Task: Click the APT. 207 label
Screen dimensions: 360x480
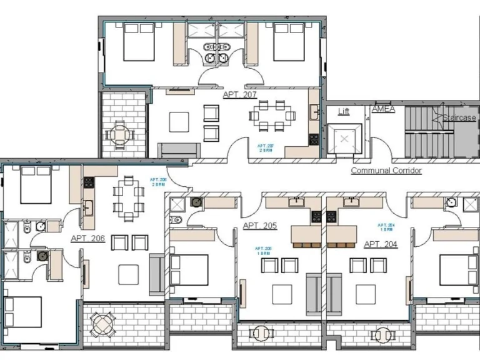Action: point(240,94)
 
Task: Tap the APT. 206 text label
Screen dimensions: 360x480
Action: point(87,238)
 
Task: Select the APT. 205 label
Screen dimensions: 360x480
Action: point(259,226)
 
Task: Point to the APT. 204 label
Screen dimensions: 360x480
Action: point(380,244)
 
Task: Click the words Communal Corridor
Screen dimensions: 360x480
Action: point(386,170)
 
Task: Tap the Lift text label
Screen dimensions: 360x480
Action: point(344,111)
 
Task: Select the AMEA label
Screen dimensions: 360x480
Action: point(383,109)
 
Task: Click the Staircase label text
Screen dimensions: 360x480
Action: point(459,117)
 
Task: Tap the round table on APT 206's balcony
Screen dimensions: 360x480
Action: point(102,324)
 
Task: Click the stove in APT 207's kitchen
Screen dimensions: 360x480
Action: point(314,139)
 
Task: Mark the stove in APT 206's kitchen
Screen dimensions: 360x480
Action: point(89,182)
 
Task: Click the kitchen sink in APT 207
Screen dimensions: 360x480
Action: point(314,113)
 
